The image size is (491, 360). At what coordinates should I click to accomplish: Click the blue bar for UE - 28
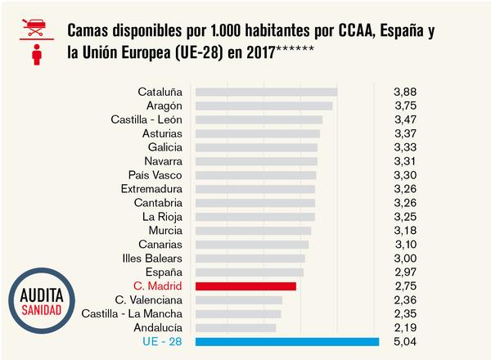point(287,342)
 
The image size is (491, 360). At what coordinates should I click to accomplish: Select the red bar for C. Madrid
point(245,286)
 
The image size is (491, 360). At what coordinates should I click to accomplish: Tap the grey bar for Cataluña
point(267,92)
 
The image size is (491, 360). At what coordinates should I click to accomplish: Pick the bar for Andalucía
point(236,328)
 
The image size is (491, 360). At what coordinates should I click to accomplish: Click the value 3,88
point(405,92)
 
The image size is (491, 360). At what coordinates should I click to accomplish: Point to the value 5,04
point(405,342)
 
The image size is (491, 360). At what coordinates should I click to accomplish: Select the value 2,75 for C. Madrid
point(405,286)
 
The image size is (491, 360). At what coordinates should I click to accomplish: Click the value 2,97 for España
point(405,272)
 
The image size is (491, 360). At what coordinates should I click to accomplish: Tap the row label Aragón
point(164,106)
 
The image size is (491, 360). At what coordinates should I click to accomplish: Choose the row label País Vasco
point(155,175)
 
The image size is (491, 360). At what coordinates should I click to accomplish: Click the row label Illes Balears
point(151,259)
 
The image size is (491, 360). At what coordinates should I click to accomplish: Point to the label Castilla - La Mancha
point(133,314)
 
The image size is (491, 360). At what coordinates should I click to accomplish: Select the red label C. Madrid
point(157,286)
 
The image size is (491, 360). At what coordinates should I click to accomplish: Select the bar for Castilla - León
point(259,119)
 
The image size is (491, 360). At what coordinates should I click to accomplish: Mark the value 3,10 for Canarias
point(405,245)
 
